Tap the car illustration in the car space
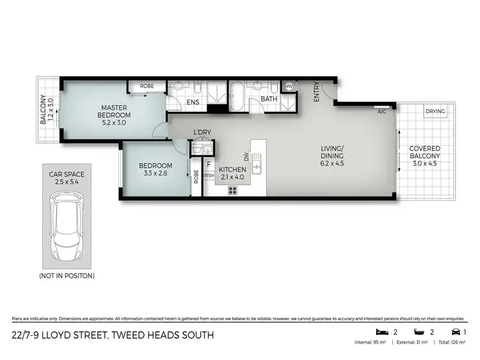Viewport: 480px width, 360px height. pyautogui.click(x=67, y=224)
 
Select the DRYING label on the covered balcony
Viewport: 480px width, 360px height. pyautogui.click(x=435, y=112)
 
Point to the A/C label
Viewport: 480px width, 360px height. pyautogui.click(x=382, y=112)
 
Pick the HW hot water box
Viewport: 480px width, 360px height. pyautogui.click(x=289, y=86)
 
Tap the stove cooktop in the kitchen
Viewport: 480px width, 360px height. pyautogui.click(x=232, y=189)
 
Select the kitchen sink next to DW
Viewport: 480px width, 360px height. pyautogui.click(x=257, y=164)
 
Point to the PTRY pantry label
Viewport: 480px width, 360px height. pyautogui.click(x=209, y=175)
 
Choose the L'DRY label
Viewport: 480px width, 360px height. pyautogui.click(x=202, y=133)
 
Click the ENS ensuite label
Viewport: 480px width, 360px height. pyautogui.click(x=192, y=102)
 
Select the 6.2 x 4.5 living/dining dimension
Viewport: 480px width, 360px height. pyautogui.click(x=332, y=164)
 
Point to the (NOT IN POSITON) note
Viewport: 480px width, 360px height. pyautogui.click(x=67, y=276)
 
